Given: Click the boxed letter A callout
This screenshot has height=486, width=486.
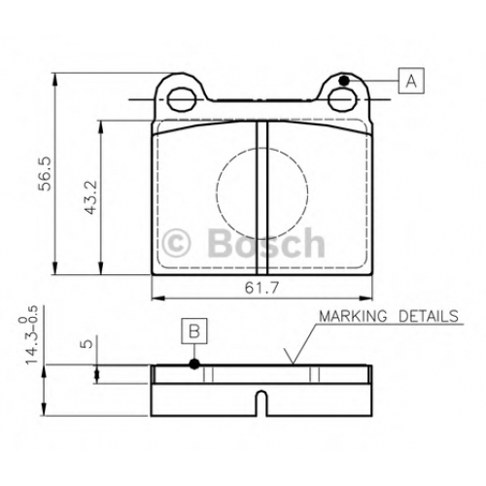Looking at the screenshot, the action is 411,81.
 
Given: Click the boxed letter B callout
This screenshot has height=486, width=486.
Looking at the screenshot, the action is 194,330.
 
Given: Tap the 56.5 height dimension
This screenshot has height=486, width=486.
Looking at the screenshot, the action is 45,174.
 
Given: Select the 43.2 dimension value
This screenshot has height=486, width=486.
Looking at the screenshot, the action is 90,197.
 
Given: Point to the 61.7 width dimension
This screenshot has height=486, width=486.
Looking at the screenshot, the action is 261,287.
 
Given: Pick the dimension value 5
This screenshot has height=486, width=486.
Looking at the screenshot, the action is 86,344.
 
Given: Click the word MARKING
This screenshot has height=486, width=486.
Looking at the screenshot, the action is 353,316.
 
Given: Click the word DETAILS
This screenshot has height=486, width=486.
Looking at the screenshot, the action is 429,316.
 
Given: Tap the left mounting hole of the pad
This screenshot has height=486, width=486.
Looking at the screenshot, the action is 183,99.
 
